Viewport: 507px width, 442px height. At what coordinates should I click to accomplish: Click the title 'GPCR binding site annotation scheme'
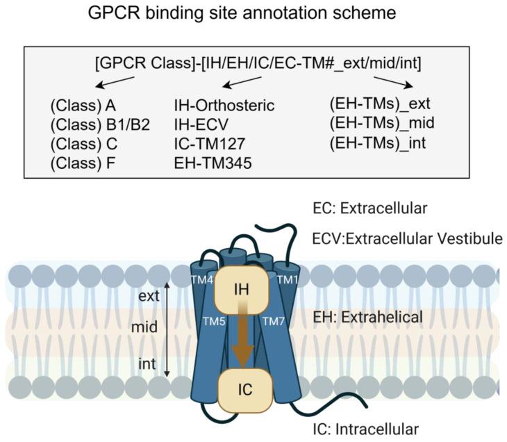253,15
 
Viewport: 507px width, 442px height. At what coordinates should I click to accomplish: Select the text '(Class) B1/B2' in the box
99,126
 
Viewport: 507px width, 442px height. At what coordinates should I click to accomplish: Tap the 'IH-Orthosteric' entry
224,106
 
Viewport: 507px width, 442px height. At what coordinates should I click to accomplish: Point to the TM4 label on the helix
202,279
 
